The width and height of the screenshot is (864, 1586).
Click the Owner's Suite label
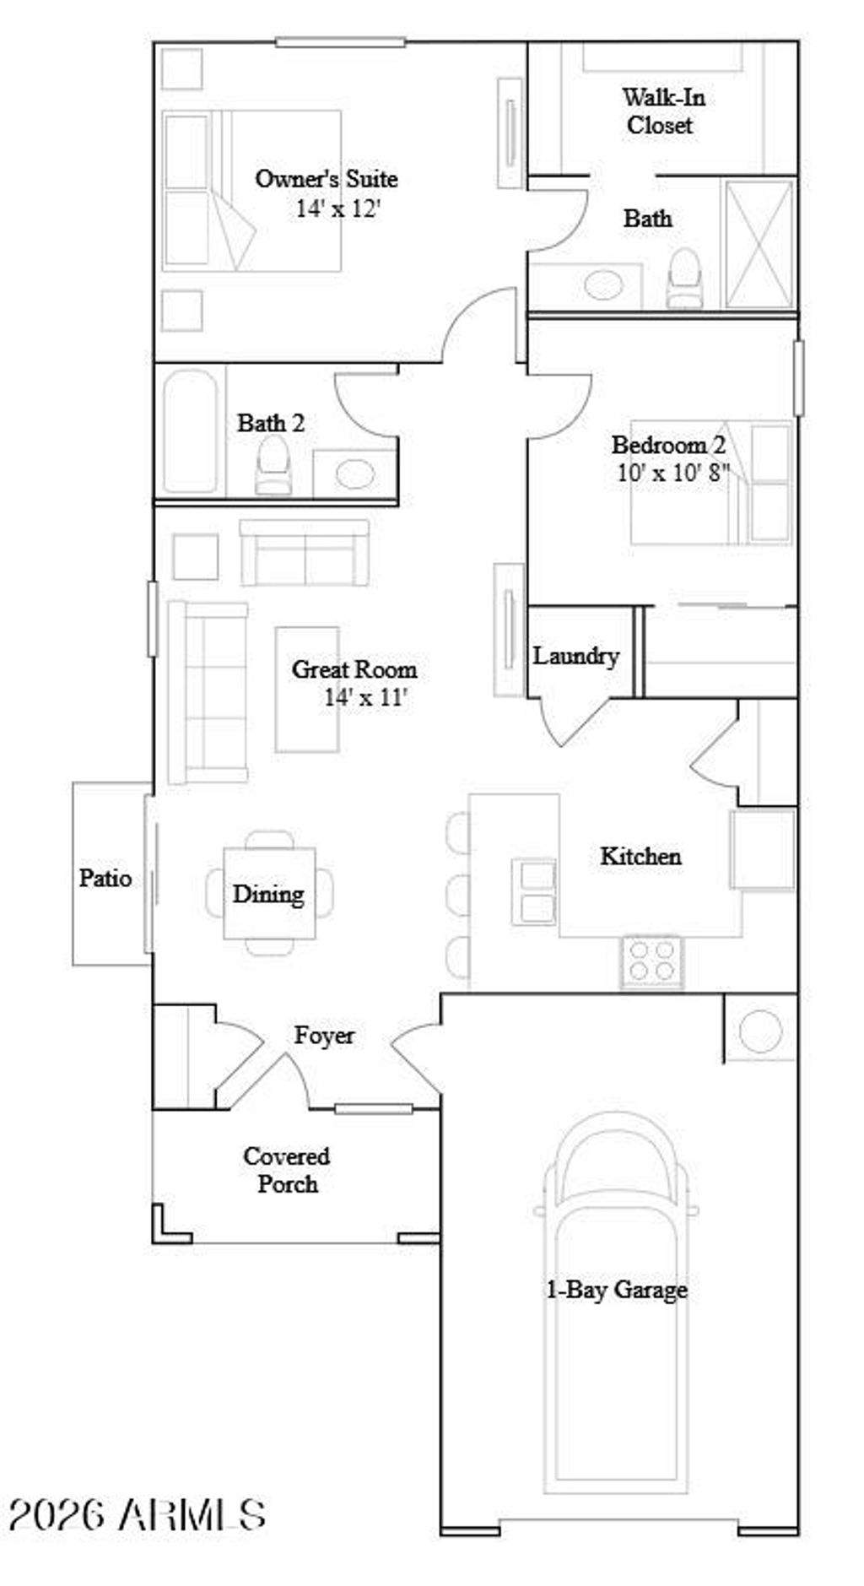click(x=326, y=179)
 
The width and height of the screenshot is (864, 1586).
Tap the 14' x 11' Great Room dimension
click(x=365, y=698)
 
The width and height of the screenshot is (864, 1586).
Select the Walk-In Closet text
click(x=662, y=111)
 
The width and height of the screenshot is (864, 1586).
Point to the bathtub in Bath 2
click(x=190, y=430)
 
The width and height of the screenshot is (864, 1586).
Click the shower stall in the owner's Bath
click(x=759, y=244)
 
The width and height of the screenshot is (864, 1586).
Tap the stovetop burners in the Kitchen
click(x=651, y=961)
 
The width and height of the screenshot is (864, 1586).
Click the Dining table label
click(x=268, y=894)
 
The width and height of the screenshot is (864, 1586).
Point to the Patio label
click(x=105, y=878)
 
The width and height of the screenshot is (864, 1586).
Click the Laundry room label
click(x=575, y=656)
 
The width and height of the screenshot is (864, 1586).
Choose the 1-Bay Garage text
click(x=617, y=1290)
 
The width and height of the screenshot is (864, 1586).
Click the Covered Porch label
click(x=287, y=1170)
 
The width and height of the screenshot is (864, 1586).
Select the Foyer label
click(x=324, y=1035)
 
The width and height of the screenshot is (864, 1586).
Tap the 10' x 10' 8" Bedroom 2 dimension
click(x=672, y=473)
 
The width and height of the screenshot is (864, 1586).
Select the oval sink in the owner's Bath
click(x=602, y=284)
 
